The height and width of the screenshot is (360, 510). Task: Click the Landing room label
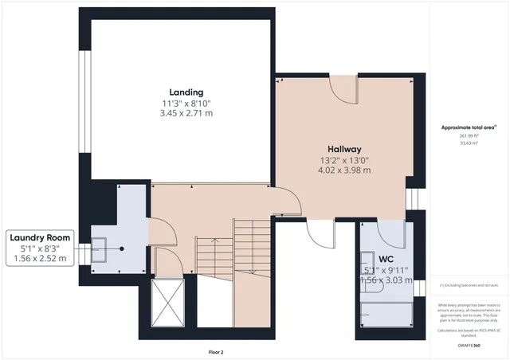pyautogui.click(x=186, y=92)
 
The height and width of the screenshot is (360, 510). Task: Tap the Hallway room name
pyautogui.click(x=344, y=149)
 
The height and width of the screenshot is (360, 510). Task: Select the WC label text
pyautogui.click(x=386, y=259)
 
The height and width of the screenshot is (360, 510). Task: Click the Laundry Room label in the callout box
pyautogui.click(x=40, y=237)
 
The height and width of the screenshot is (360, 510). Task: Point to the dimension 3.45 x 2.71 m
pyautogui.click(x=186, y=113)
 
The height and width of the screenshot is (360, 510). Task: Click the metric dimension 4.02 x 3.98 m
pyautogui.click(x=344, y=170)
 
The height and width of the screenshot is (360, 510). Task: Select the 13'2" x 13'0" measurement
pyautogui.click(x=344, y=159)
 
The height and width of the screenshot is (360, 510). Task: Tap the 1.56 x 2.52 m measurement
pyautogui.click(x=40, y=258)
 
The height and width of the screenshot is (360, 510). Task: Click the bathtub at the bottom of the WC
pyautogui.click(x=386, y=314)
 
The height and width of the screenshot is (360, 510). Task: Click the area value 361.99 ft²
pyautogui.click(x=467, y=135)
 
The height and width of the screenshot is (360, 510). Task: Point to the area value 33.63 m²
pyautogui.click(x=467, y=145)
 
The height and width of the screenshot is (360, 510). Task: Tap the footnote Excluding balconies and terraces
pyautogui.click(x=469, y=285)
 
